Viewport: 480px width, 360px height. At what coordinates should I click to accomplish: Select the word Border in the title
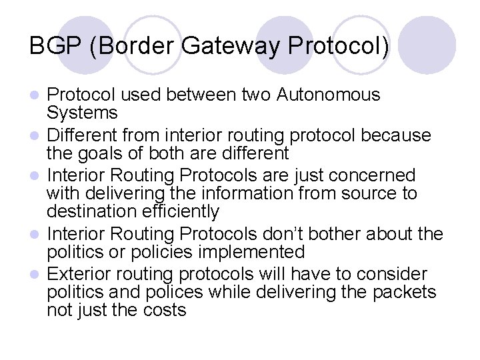tap(131, 46)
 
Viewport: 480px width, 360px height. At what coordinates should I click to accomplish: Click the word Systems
tap(82, 113)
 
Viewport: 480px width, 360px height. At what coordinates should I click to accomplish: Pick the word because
tap(395, 136)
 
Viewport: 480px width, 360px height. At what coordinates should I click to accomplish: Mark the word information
tap(251, 194)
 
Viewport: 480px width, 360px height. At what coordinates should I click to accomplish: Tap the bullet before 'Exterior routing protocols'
tap(37, 275)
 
